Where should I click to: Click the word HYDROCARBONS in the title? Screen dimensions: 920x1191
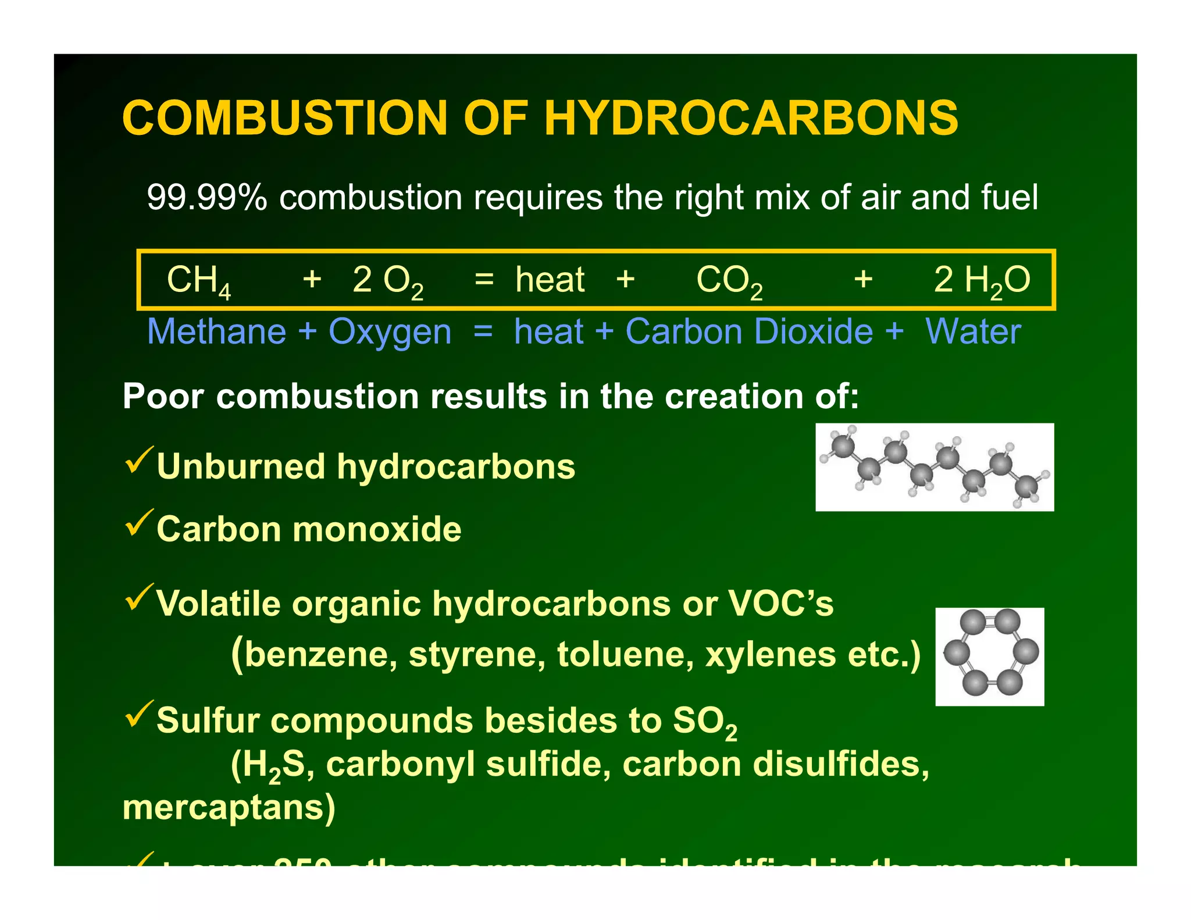[751, 118]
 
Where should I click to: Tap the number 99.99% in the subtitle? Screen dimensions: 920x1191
[206, 197]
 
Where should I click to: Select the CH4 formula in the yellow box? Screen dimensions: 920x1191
[198, 280]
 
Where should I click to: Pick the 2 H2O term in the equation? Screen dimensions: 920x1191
[982, 280]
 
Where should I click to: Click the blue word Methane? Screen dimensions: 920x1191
[216, 331]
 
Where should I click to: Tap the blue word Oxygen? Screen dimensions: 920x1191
[390, 333]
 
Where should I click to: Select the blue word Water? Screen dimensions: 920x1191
[973, 331]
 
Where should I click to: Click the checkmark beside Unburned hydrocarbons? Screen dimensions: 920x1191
[138, 461]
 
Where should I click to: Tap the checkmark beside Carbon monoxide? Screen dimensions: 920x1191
[138, 523]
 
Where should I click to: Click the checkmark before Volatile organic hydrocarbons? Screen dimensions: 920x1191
[138, 597]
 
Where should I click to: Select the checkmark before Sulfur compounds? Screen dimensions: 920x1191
[138, 715]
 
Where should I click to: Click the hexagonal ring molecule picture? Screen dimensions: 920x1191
[989, 657]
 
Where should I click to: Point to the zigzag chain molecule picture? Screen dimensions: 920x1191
[934, 467]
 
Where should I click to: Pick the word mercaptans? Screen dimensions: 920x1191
[229, 808]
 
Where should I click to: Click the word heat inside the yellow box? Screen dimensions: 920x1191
[550, 280]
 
